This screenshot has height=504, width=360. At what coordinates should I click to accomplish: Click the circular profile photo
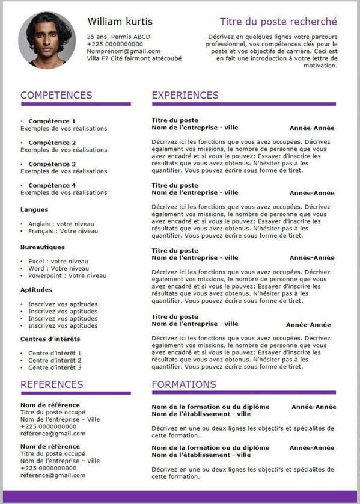pos(47,40)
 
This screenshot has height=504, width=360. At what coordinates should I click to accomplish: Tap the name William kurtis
pos(120,22)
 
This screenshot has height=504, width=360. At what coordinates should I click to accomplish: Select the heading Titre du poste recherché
pos(278,22)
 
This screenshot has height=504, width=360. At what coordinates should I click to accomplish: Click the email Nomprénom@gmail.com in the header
pos(124,51)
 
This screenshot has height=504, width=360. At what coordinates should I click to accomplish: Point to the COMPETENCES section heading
pos(56,95)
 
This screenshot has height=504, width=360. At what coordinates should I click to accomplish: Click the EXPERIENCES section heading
pos(185,95)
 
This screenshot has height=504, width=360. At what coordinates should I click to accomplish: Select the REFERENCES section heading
pos(52,384)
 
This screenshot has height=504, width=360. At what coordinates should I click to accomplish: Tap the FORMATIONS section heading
pos(184,384)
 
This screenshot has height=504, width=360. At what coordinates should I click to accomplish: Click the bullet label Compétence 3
pos(52,164)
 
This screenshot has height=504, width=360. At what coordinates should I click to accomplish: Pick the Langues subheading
pos(34,210)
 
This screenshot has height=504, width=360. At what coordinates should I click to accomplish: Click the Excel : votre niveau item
pos(58,261)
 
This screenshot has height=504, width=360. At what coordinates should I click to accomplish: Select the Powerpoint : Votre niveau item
pos(67,275)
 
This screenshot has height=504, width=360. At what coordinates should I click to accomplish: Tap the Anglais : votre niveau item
pos(63,224)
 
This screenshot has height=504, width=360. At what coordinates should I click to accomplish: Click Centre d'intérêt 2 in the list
pos(55,360)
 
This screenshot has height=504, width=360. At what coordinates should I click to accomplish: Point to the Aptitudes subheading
pos(36,290)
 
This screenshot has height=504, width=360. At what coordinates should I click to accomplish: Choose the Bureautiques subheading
pos(43,247)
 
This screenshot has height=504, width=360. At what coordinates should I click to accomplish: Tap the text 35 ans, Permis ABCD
pos(118,37)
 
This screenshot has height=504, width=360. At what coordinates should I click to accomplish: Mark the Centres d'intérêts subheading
pos(50,339)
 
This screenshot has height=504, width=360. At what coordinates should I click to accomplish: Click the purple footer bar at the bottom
pos(180,497)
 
